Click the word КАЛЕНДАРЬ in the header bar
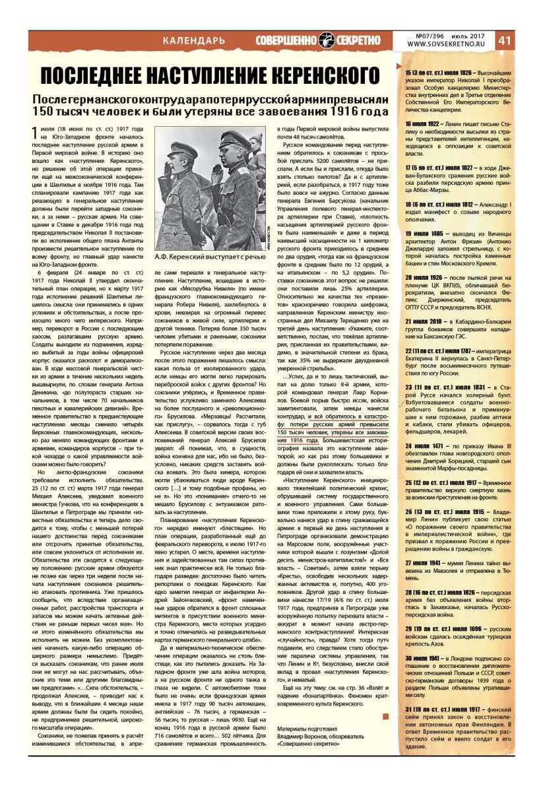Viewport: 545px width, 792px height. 194,40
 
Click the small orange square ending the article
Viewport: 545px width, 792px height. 386,716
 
